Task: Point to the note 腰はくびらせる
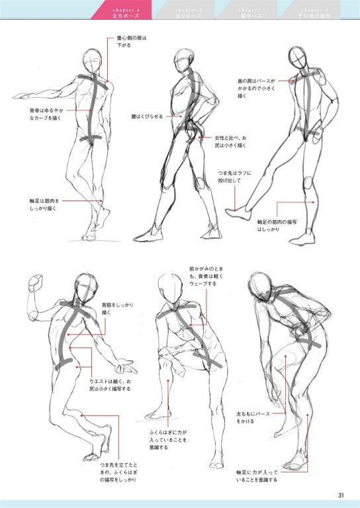[146, 116]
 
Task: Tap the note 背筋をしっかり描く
[118, 308]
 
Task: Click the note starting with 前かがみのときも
[202, 276]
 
